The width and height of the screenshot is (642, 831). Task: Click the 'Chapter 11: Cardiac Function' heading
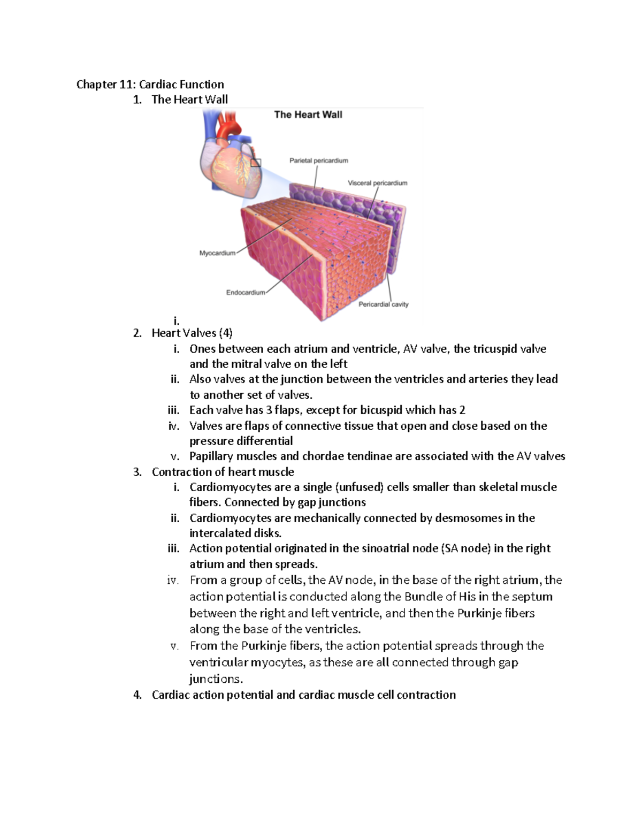click(150, 85)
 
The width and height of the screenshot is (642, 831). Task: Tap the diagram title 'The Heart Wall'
click(308, 115)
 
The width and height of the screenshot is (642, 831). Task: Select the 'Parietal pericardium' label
click(318, 161)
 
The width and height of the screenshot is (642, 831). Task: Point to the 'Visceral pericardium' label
click(377, 183)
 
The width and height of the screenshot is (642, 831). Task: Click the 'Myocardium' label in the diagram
click(217, 253)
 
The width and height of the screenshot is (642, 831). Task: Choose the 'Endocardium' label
click(245, 293)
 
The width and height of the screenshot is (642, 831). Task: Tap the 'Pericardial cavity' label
click(383, 304)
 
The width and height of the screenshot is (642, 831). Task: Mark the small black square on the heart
click(256, 162)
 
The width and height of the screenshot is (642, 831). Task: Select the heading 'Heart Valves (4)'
click(192, 333)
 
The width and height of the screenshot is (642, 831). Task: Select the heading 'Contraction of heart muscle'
click(223, 472)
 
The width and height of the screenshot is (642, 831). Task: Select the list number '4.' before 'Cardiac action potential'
click(137, 695)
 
